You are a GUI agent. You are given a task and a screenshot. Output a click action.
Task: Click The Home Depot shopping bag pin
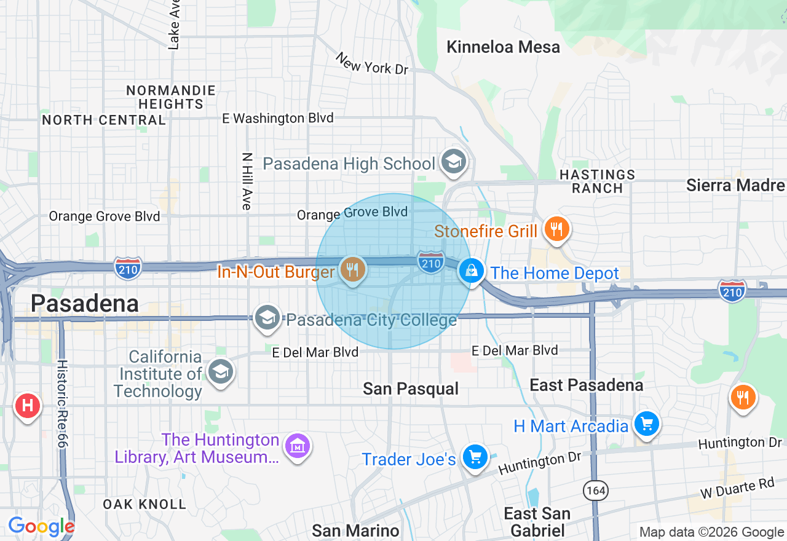(x=472, y=271)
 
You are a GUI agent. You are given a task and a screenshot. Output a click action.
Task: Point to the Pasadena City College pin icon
(x=267, y=318)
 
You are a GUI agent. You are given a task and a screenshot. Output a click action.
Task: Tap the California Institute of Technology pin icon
(x=220, y=371)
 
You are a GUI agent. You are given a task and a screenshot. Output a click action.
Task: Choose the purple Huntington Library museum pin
(x=298, y=446)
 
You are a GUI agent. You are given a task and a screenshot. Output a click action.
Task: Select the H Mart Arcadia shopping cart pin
(x=646, y=424)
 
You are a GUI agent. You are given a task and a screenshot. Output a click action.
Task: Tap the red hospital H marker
(x=27, y=406)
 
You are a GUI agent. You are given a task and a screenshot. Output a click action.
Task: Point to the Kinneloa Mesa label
(x=503, y=47)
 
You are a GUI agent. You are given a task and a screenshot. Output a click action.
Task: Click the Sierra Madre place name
(x=735, y=185)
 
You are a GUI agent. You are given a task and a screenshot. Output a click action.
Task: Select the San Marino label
(x=355, y=530)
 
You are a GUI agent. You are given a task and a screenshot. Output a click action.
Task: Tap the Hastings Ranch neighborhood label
(x=597, y=181)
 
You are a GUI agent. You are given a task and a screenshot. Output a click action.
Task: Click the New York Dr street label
(x=372, y=63)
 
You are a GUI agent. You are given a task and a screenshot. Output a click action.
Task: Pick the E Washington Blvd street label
(x=278, y=118)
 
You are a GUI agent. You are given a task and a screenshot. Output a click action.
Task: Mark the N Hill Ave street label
(x=247, y=181)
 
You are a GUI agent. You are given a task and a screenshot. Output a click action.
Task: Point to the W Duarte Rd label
(x=737, y=489)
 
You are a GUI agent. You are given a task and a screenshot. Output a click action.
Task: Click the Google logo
(x=41, y=526)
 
